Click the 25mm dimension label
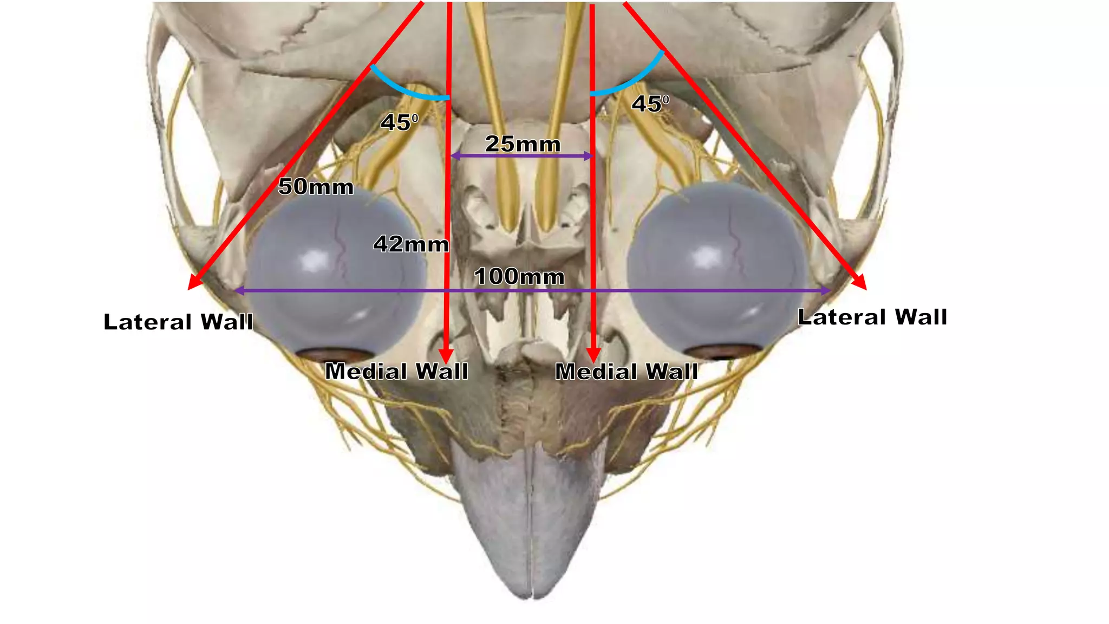coord(523,144)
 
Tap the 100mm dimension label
coord(519,277)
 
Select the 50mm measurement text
coord(316,187)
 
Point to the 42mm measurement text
coord(411,244)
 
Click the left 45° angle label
coord(400,122)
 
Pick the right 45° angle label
coord(650,103)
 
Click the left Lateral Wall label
coord(178,322)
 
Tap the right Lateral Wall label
coord(872,317)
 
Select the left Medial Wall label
coord(396,372)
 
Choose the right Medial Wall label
coord(627,372)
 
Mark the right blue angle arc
coord(631,84)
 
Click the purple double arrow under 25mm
coord(522,157)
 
